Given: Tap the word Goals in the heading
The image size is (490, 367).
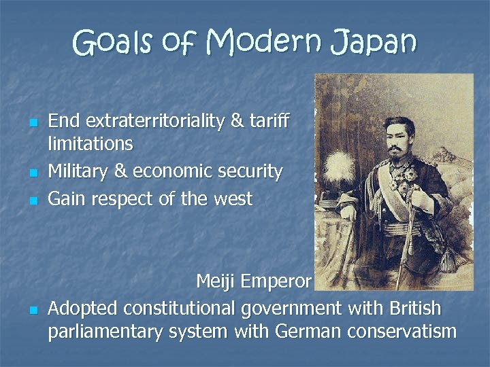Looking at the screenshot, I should point(114,44).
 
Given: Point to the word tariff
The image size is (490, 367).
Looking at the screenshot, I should point(271,121).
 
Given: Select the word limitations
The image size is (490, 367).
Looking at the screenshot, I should point(91,143).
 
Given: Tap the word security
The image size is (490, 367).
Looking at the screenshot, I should point(249,172).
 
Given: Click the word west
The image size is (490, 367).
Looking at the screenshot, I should point(232,200).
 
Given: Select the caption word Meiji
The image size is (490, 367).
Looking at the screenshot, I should point(217,281).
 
